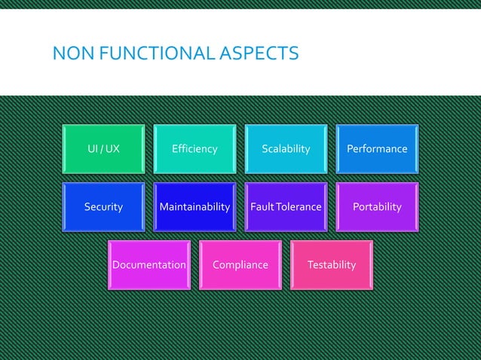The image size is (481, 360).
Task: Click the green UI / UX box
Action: pyautogui.click(x=103, y=149)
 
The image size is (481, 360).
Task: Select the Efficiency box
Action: pyautogui.click(x=195, y=149)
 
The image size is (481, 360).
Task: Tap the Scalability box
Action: pyautogui.click(x=286, y=149)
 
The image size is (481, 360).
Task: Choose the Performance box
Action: pyautogui.click(x=377, y=149)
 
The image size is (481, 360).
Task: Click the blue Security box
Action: pyautogui.click(x=103, y=207)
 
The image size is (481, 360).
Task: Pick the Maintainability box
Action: pyautogui.click(x=195, y=207)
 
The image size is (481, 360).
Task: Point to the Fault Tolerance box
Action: pyautogui.click(x=286, y=207)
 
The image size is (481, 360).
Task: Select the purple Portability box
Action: pyautogui.click(x=377, y=207)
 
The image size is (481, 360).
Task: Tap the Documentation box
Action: pyautogui.click(x=149, y=265)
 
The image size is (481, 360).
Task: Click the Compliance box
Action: pyautogui.click(x=240, y=265)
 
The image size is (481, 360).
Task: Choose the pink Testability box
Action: pyautogui.click(x=332, y=265)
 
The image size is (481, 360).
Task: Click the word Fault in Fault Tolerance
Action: pyautogui.click(x=262, y=207)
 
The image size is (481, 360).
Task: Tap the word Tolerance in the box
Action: pyautogui.click(x=299, y=207)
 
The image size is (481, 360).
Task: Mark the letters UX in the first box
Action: pyautogui.click(x=112, y=149)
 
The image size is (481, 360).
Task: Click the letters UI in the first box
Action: pyautogui.click(x=92, y=149)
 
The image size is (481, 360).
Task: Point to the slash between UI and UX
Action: pyautogui.click(x=101, y=149)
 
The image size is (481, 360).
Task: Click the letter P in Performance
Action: pyautogui.click(x=350, y=149)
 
